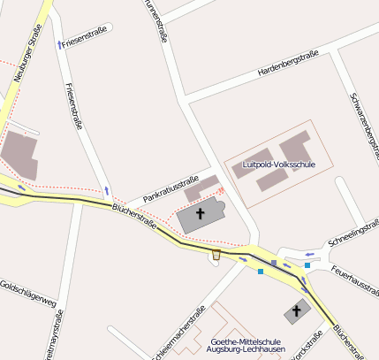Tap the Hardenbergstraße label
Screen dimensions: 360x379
288,64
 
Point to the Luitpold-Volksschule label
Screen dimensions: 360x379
278,165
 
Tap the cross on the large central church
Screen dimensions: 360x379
201,214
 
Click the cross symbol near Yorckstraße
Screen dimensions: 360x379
297,311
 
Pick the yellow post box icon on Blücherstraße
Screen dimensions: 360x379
216,256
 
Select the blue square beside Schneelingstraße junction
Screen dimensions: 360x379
307,264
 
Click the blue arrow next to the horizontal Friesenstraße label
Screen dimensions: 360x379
59,42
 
